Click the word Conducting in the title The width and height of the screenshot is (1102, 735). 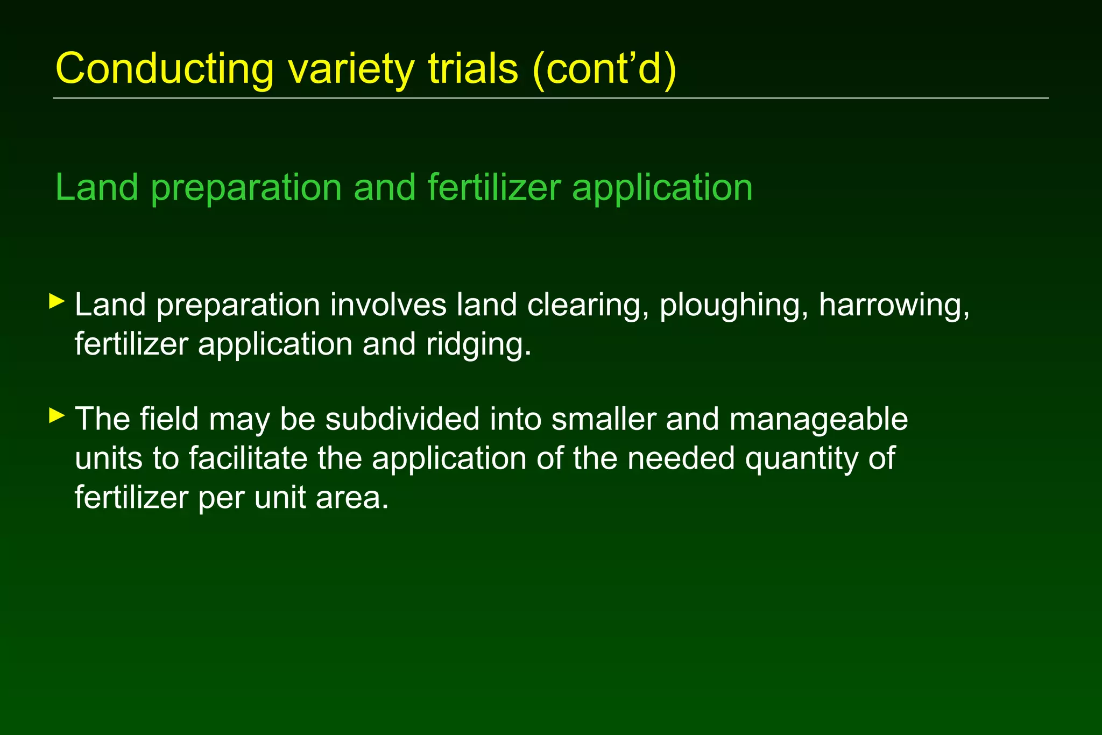click(x=165, y=69)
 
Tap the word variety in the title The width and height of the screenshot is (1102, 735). click(x=351, y=69)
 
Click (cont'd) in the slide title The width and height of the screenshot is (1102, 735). click(x=604, y=69)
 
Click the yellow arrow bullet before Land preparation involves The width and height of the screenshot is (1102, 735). click(x=56, y=301)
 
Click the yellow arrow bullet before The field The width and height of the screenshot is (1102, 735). click(x=56, y=415)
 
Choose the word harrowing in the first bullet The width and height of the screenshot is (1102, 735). click(x=894, y=306)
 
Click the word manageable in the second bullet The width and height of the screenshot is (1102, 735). click(x=818, y=420)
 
